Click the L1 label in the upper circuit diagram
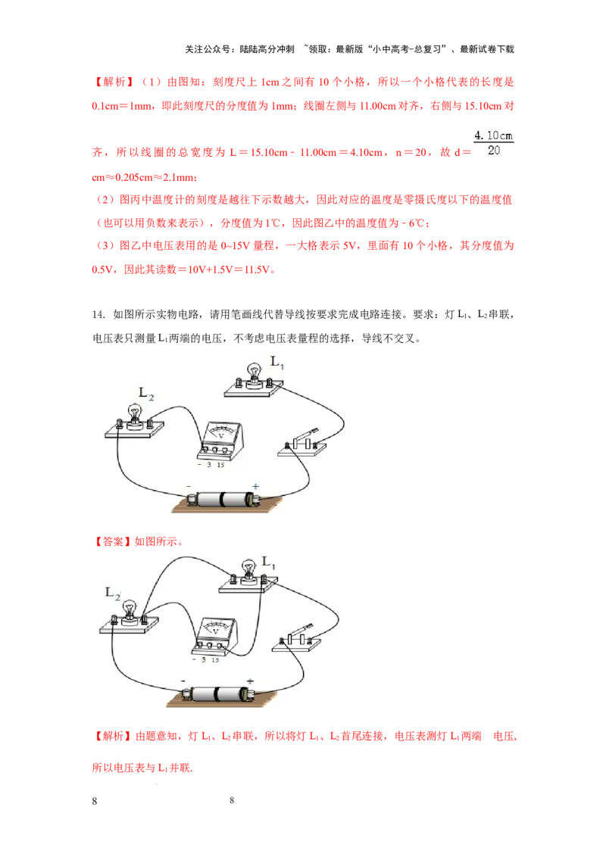coord(277,363)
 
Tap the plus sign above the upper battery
coord(255,487)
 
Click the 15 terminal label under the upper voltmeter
coord(220,465)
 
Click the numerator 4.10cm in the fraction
coord(493,135)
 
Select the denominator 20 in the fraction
coord(493,150)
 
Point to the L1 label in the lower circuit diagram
coord(267,562)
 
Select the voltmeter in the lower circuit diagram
coord(215,637)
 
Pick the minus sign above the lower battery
coord(183,681)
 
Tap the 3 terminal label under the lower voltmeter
coord(205,660)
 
